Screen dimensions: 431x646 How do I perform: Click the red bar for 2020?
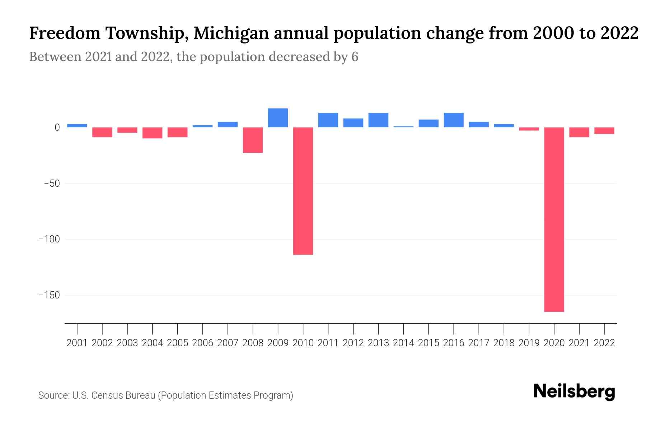tap(554, 219)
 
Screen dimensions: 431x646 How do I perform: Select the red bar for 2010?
tap(303, 191)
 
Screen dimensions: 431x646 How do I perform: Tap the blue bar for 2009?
tap(278, 118)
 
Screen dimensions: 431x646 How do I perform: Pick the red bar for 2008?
tap(253, 140)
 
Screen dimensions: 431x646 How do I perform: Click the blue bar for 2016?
tap(454, 120)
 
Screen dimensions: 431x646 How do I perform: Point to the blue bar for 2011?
tap(328, 120)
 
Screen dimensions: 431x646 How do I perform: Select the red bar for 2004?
tap(152, 133)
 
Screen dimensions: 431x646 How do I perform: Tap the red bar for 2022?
tap(604, 131)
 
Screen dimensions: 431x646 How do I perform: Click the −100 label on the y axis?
tap(49, 239)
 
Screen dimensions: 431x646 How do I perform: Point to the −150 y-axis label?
tap(49, 295)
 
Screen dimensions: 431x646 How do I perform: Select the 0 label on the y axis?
tap(57, 128)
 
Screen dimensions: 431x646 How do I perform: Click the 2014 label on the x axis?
tap(403, 343)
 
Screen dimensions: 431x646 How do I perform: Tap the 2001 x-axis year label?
tap(77, 343)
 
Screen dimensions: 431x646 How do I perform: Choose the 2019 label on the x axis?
tap(529, 343)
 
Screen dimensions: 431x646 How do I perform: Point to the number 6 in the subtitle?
tap(355, 57)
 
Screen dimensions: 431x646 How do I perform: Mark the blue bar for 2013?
tap(378, 120)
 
